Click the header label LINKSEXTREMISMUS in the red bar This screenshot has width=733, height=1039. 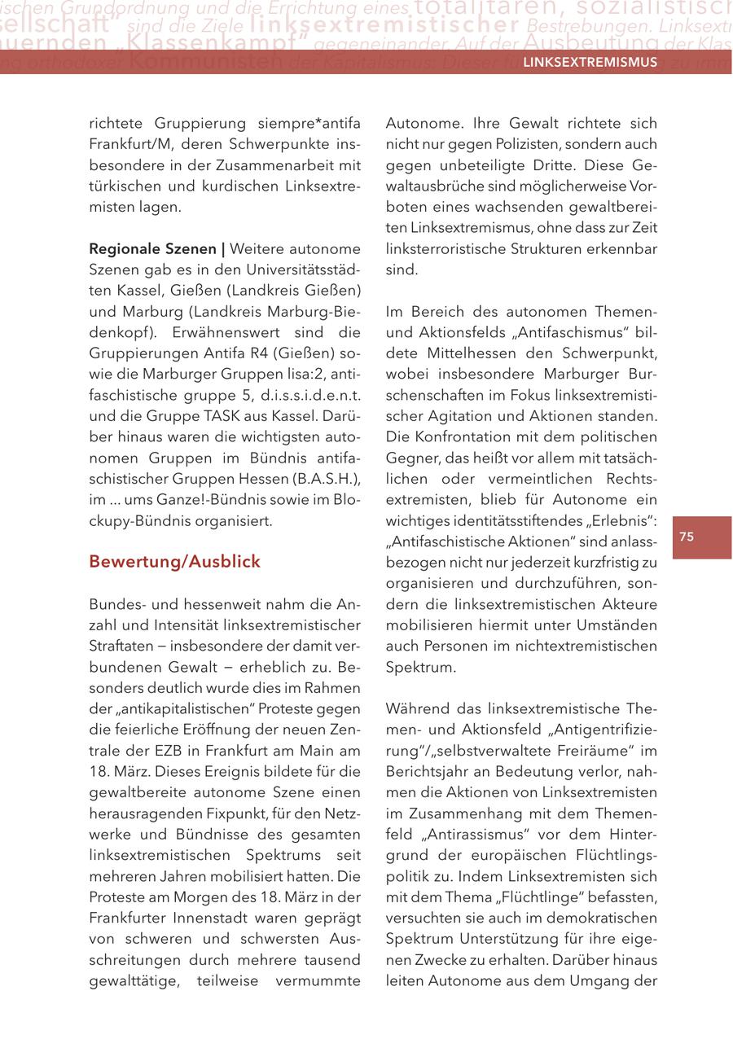click(590, 63)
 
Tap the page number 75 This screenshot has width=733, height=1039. click(686, 537)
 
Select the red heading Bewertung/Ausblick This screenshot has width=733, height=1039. click(174, 562)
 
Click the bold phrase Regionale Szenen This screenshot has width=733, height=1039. click(153, 248)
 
